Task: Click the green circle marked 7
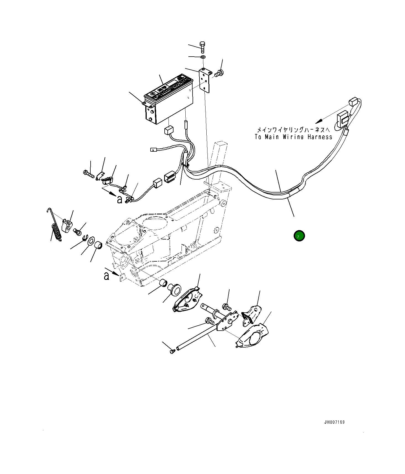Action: pyautogui.click(x=299, y=236)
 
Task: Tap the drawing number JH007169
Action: pyautogui.click(x=334, y=422)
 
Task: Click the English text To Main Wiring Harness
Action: pyautogui.click(x=293, y=137)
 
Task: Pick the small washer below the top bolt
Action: pyautogui.click(x=203, y=57)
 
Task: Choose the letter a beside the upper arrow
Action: pyautogui.click(x=119, y=199)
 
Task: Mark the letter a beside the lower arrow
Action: pyautogui.click(x=106, y=276)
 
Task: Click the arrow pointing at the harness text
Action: pyautogui.click(x=320, y=120)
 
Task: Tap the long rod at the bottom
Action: pyautogui.click(x=197, y=337)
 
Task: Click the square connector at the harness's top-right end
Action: pyautogui.click(x=353, y=102)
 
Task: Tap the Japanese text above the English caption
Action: pyautogui.click(x=293, y=130)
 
